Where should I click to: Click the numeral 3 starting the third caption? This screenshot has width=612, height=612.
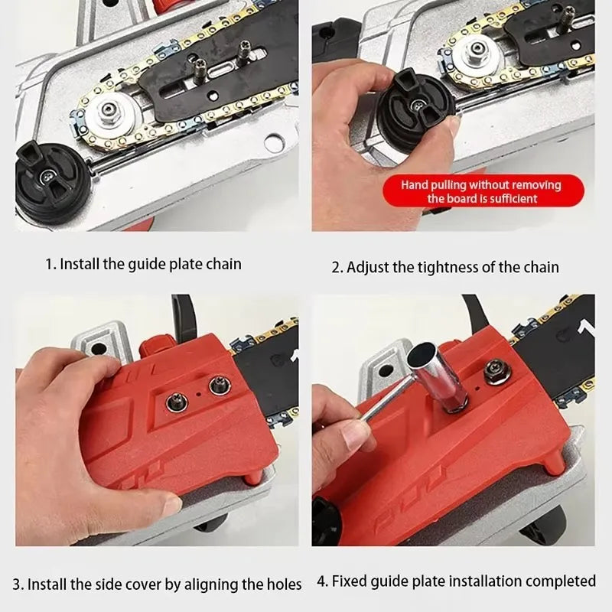coord(31,584)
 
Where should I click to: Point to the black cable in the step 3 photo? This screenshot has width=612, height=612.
coord(180,314)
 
